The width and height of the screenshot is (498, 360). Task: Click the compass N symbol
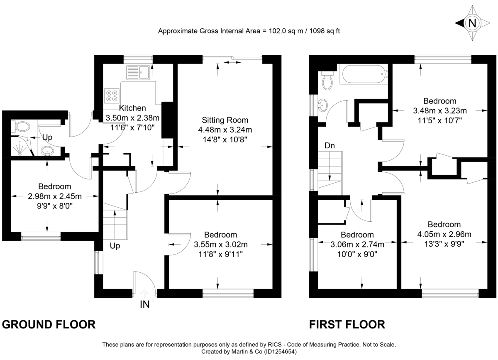[472, 23]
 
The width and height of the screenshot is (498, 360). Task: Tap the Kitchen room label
[132, 108]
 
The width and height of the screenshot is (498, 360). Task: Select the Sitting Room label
[225, 120]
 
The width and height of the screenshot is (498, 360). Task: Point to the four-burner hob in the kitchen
[111, 96]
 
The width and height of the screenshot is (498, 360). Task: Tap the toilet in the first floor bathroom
[327, 81]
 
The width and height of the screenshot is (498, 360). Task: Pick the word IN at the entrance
[144, 305]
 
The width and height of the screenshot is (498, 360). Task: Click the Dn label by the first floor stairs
[330, 146]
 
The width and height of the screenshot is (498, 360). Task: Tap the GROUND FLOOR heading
[49, 324]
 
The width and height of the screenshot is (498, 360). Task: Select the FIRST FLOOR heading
[347, 324]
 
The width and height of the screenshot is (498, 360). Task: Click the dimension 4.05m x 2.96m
[444, 234]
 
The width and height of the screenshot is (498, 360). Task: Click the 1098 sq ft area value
[323, 31]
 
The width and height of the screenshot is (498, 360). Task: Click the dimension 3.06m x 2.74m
[357, 245]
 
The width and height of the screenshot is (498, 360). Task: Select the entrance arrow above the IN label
[144, 293]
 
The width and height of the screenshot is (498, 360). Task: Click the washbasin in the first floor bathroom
[323, 104]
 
